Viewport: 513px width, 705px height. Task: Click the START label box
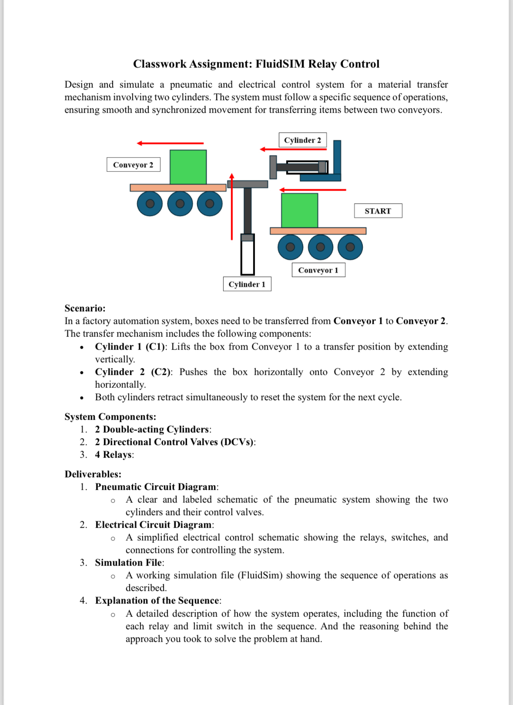point(378,211)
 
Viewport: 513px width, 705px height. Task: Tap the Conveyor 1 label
point(318,270)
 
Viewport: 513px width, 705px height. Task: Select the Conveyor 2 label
point(133,165)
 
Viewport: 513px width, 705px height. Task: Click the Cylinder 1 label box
point(247,284)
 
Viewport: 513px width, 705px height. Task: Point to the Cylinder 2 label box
point(302,140)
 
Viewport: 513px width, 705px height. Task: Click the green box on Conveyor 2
point(188,167)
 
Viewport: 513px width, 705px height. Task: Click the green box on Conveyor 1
point(299,210)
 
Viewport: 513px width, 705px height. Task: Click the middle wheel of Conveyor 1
point(320,247)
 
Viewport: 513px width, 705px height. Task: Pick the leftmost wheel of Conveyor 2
point(150,203)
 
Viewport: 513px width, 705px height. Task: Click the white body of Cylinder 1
point(248,257)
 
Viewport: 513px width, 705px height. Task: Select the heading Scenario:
point(85,308)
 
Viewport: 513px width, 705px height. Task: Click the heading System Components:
point(110,417)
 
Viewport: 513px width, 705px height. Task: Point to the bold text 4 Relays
point(114,455)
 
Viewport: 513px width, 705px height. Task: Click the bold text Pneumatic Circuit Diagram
point(155,487)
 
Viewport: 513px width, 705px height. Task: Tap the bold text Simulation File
point(128,563)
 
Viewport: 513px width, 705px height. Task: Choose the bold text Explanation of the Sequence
point(157,600)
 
